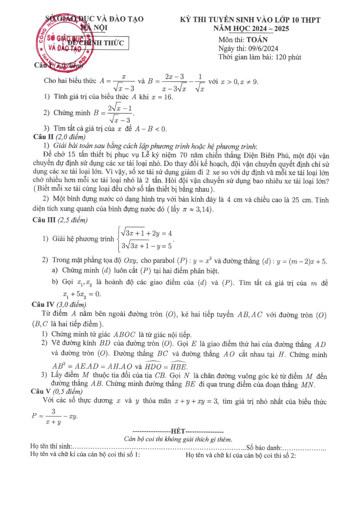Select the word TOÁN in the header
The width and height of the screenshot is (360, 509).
tap(257, 40)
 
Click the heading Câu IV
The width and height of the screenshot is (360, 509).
tap(43, 304)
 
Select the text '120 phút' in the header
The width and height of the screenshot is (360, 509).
tap(288, 57)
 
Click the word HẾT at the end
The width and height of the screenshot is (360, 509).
tap(178, 431)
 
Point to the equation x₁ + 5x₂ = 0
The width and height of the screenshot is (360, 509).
tap(82, 294)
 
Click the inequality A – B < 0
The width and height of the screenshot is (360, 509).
tap(150, 129)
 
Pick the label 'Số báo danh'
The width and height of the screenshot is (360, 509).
tap(264, 448)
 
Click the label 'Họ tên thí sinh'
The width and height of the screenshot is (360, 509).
tap(51, 447)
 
